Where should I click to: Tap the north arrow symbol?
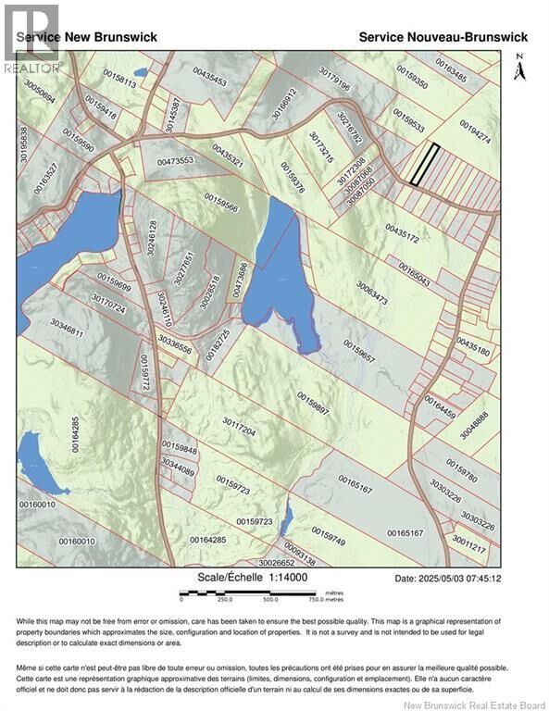[519, 68]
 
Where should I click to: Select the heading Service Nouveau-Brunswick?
[443, 36]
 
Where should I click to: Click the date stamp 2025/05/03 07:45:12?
[448, 579]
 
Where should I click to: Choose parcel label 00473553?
[175, 161]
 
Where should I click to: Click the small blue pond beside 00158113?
[140, 71]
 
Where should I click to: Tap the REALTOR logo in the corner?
[31, 38]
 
